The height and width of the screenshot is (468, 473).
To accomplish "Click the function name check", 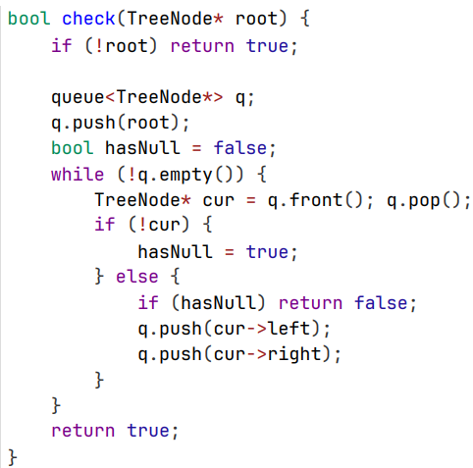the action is point(88,19).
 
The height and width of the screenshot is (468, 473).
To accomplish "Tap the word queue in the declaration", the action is point(78,98).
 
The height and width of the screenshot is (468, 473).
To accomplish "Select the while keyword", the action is point(78,174).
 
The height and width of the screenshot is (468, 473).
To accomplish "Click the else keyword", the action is point(137,277).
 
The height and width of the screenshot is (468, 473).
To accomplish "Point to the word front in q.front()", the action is point(316,199).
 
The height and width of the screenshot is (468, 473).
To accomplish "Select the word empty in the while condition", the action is point(185,176).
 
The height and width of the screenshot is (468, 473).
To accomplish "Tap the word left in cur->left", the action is point(289,328).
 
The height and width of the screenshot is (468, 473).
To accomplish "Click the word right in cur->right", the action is point(294,354).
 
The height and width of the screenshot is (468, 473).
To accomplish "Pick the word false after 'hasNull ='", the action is point(240,148).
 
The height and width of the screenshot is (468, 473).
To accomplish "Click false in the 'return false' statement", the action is point(381,302).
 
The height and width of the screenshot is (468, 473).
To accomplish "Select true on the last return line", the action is point(148,431).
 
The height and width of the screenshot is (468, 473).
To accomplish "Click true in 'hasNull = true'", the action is point(267,252).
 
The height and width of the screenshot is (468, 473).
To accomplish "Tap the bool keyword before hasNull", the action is point(73,148).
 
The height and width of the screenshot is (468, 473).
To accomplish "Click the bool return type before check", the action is point(28,19).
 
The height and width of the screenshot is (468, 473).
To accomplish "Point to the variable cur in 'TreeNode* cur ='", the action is point(219,201).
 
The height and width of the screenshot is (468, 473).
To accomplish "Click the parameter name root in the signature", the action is point(257,19).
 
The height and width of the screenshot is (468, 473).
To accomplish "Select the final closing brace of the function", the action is point(13,457).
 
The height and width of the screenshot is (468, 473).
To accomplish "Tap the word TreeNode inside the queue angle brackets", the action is point(159,97).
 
